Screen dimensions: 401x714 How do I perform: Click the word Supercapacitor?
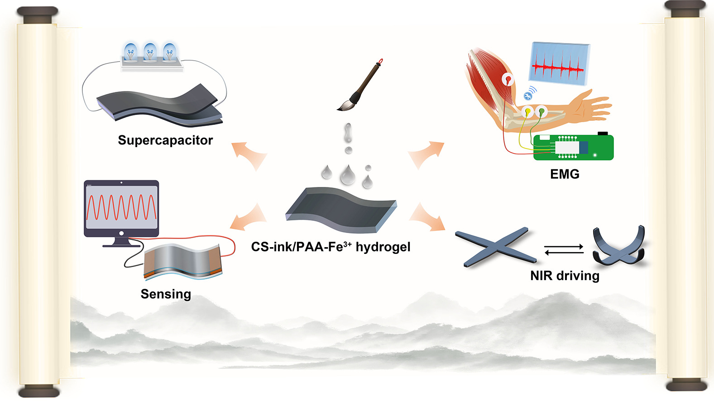[165, 140]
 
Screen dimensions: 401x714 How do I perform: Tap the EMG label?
[565, 174]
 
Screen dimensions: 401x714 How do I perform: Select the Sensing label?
[166, 294]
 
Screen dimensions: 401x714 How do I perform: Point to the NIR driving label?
[565, 276]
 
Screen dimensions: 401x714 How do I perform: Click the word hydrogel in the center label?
[383, 247]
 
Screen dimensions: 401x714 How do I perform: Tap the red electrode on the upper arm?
[508, 80]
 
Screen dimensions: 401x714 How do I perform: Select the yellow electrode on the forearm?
[527, 111]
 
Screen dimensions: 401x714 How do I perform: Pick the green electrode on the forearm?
[541, 111]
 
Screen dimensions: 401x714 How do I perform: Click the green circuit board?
[573, 148]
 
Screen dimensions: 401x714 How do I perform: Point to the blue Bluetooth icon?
[527, 95]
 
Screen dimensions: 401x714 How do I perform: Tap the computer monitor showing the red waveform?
[121, 208]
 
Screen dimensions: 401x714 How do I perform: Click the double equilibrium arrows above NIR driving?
[564, 249]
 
